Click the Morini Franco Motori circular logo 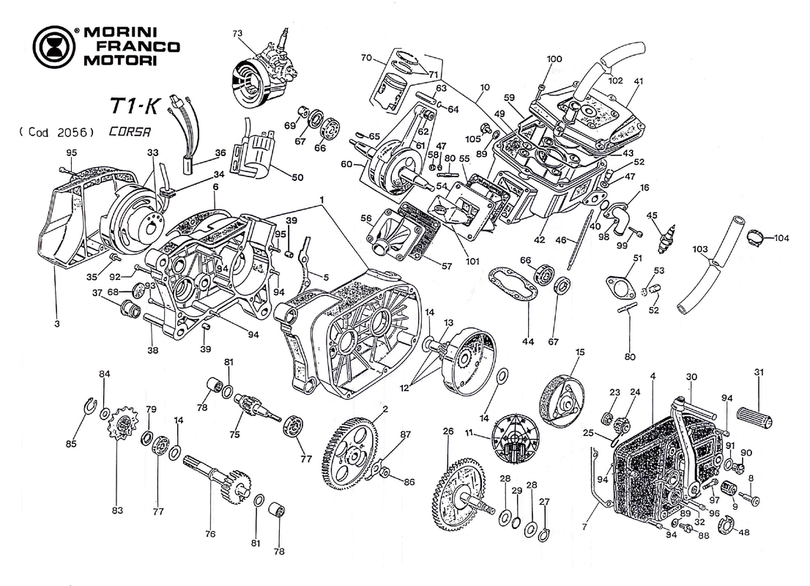pos(53,48)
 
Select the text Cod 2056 pos(56,133)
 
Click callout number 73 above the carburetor pos(237,34)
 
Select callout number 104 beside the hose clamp pos(781,238)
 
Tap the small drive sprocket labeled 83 pos(122,426)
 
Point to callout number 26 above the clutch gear pos(448,431)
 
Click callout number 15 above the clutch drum pos(580,352)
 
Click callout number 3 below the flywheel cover pos(56,323)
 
